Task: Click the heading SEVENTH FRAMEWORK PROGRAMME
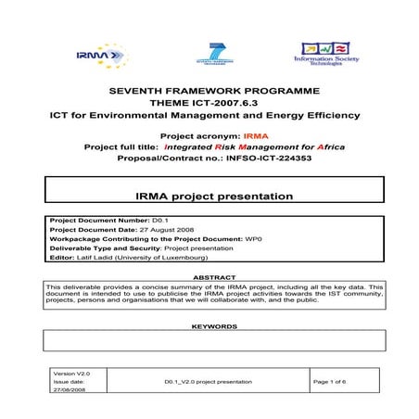pos(214,90)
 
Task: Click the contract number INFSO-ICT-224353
pos(254,159)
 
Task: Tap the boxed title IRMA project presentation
pos(213,197)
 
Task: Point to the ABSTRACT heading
pos(213,276)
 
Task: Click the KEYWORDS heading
pos(213,326)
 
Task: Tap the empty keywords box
pos(213,341)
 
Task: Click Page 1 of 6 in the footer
pos(336,381)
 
